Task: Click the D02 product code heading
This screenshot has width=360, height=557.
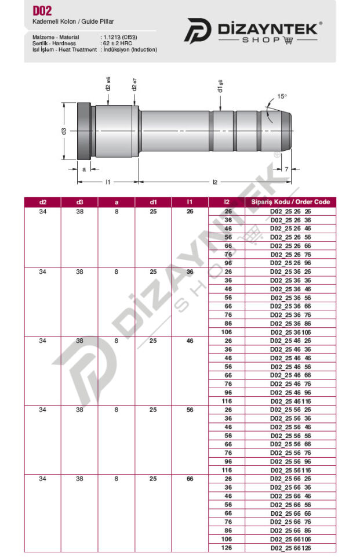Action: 42,10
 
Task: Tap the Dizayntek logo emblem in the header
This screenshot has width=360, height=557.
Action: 198,31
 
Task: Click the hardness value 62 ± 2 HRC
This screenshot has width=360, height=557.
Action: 118,44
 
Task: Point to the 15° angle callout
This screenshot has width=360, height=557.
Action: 282,96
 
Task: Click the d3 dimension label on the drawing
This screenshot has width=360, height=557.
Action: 64,131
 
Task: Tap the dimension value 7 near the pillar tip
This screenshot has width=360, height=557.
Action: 286,169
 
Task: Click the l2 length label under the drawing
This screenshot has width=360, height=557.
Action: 215,182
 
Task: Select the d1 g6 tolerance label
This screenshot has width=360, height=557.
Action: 220,86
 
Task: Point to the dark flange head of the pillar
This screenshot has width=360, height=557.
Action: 84,131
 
